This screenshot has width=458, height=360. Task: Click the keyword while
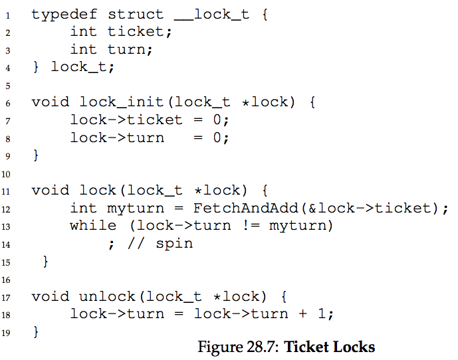[x=92, y=226]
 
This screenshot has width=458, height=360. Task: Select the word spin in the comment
[x=174, y=244]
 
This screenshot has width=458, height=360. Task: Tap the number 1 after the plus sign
[x=322, y=314]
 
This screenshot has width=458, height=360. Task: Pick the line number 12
[x=7, y=209]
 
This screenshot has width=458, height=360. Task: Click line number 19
[x=7, y=331]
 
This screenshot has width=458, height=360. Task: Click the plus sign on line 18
[x=302, y=314]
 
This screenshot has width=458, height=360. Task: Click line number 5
[x=7, y=85]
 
